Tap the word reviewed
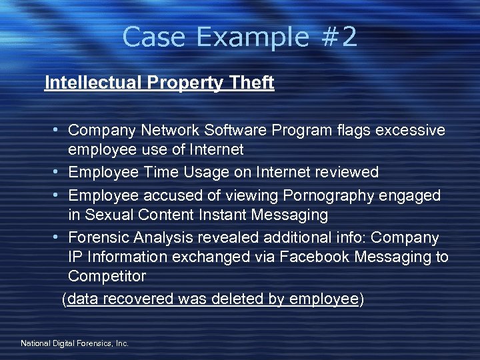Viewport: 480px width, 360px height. coord(347,173)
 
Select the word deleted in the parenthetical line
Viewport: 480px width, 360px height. coord(238,299)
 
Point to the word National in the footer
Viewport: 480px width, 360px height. coord(35,343)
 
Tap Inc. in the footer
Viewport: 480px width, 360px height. coord(122,343)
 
